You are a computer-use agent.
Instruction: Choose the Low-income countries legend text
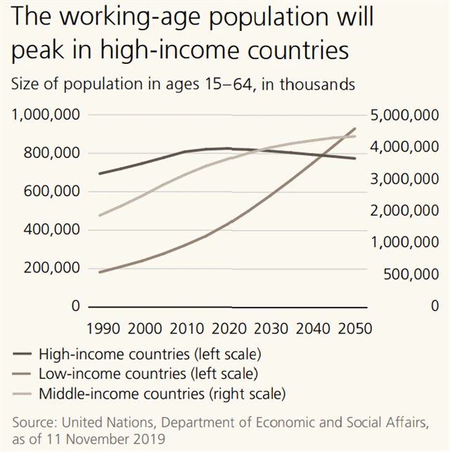(x=148, y=372)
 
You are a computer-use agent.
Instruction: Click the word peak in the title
(x=40, y=51)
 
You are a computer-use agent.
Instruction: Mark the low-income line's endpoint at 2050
(x=355, y=128)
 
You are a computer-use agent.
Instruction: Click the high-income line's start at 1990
(x=100, y=173)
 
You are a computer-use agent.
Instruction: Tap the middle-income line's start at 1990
(x=100, y=215)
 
